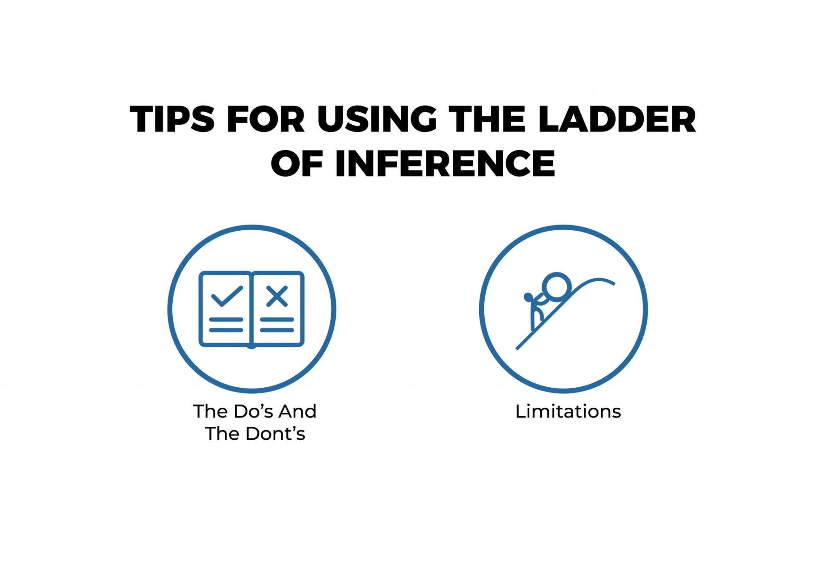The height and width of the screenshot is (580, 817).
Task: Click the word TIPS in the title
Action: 172,119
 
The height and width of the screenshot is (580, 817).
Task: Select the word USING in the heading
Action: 377,119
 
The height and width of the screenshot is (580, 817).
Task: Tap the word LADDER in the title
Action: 617,119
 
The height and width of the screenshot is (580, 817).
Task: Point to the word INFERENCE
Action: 445,163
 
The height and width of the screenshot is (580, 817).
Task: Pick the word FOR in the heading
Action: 266,119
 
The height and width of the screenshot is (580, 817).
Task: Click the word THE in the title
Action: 487,119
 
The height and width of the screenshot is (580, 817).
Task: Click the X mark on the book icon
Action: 277,296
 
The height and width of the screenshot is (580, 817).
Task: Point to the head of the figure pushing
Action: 528,297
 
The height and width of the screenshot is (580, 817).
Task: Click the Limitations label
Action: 568,411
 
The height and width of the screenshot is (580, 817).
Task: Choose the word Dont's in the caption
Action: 275,434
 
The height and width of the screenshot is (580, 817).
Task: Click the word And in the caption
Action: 297,411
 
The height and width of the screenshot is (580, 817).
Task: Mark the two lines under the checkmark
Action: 226,325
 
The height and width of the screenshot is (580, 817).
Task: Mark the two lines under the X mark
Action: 277,325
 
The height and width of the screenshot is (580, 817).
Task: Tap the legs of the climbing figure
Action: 535,320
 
